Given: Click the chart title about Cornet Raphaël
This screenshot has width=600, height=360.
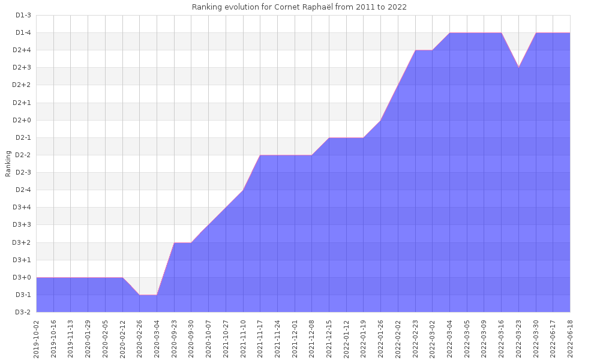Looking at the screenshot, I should click(299, 7).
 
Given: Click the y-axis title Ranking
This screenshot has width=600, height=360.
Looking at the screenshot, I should click(8, 164).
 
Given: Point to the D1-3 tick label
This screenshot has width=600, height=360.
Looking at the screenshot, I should click(23, 15).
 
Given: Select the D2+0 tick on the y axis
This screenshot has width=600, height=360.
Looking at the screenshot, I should click(23, 120).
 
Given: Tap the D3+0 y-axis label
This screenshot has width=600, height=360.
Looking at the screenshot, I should click(23, 277).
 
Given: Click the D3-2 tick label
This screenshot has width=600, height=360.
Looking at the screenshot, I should click(23, 312).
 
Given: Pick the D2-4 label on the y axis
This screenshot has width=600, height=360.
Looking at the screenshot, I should click(23, 190).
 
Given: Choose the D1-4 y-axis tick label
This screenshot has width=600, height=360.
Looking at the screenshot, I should click(23, 32).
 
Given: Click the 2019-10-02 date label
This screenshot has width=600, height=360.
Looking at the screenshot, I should click(37, 339).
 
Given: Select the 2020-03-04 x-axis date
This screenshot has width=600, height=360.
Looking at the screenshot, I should click(157, 339).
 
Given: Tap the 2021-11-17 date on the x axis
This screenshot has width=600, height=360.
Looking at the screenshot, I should click(260, 339).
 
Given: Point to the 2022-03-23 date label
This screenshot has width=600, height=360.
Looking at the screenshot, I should click(519, 339).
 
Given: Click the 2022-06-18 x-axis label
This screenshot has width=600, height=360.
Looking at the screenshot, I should click(570, 339).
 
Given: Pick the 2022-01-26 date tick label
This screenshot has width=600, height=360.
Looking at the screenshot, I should click(381, 339).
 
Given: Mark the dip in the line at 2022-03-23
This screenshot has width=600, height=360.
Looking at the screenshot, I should click(518, 67).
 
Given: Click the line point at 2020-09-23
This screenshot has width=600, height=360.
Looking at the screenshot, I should click(174, 242).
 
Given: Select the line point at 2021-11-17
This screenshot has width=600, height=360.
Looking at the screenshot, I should click(260, 155).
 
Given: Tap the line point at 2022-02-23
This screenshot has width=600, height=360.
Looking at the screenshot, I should click(415, 50).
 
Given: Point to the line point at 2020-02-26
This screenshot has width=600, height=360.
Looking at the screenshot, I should click(140, 295).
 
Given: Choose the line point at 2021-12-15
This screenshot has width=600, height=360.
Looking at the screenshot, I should click(329, 138).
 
